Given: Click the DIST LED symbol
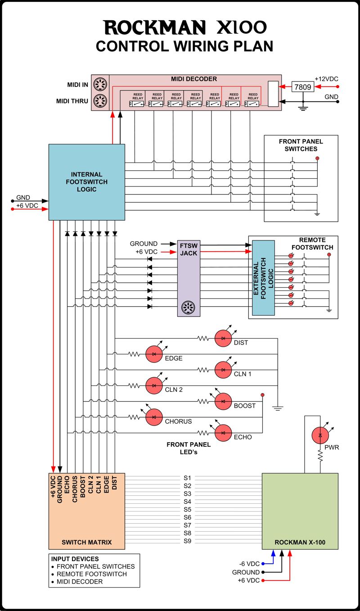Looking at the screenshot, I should tap(222, 338).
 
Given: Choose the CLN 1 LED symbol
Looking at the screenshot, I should tap(222, 370).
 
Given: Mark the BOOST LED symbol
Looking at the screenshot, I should tap(222, 401).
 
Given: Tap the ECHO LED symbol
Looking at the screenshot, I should tap(222, 433).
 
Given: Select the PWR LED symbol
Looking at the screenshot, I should tap(320, 435).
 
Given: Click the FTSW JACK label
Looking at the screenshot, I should tap(189, 249).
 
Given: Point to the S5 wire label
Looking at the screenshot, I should tap(188, 509).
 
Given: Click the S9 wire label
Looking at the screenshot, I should tap(188, 541).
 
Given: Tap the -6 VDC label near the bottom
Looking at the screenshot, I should tap(249, 564).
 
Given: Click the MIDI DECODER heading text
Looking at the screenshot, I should tap(194, 79).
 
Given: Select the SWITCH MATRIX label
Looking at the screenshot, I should tap(86, 542).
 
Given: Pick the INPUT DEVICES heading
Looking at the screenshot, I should tap(75, 559).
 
